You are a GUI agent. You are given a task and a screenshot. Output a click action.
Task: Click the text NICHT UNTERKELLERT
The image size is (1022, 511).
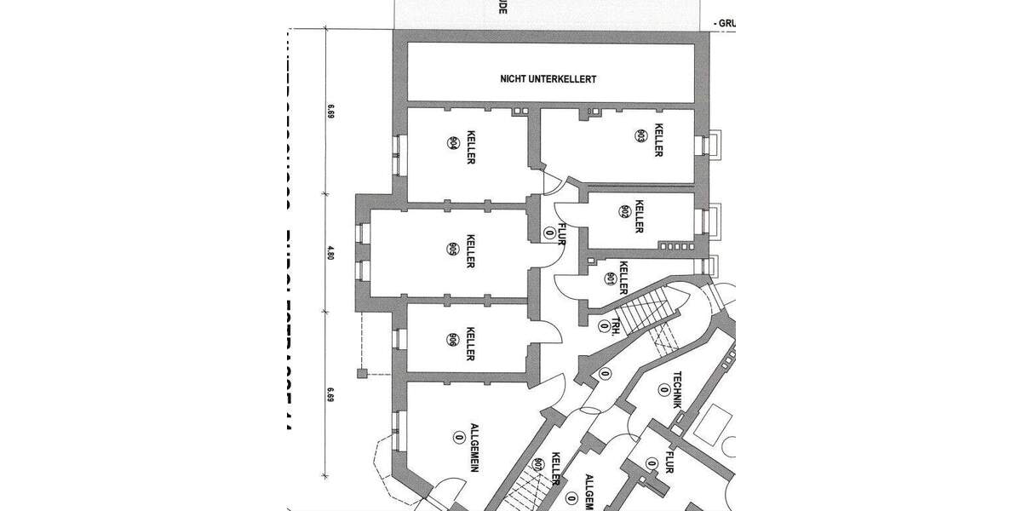[548, 78]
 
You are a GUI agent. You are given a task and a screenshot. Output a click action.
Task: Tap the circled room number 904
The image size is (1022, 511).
[452, 143]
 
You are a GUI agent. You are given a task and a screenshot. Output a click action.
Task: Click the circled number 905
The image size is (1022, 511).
[452, 249]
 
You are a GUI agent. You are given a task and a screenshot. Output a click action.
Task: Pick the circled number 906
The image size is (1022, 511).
[452, 339]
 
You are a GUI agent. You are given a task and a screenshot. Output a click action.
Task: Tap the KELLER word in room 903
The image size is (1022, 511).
[657, 141]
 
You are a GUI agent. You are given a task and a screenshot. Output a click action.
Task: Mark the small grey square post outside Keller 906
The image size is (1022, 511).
[362, 373]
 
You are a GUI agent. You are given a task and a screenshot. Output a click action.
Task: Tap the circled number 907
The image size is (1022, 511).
[538, 464]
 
